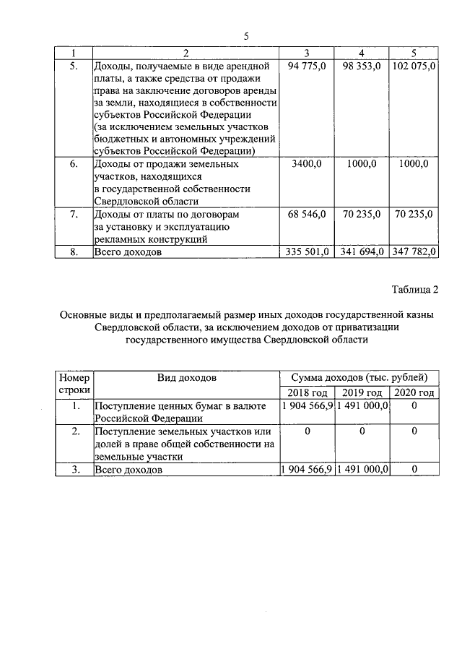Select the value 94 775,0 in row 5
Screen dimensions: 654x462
[308, 66]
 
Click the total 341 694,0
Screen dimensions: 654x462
[360, 252]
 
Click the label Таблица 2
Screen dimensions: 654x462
[415, 291]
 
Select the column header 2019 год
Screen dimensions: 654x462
[362, 392]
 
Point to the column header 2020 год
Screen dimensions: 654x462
[414, 392]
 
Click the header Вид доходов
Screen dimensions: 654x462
[187, 378]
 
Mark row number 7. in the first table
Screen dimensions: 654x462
[74, 214]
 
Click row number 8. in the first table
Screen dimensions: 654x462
[74, 252]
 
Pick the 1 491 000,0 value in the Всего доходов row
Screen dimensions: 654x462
[362, 470]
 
